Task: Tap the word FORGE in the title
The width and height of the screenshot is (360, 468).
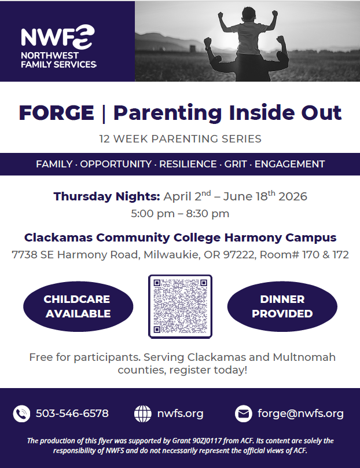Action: tap(56, 113)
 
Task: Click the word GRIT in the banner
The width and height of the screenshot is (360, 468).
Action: tap(236, 164)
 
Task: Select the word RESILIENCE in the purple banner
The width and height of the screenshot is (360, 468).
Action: tap(188, 164)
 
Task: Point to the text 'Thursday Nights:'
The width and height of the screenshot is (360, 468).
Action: tap(106, 196)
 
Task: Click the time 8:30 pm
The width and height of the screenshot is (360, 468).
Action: tap(208, 214)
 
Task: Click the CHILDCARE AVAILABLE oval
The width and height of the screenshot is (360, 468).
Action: tap(78, 306)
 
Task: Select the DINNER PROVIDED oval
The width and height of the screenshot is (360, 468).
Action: tap(282, 306)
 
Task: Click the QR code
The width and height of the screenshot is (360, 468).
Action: tap(180, 306)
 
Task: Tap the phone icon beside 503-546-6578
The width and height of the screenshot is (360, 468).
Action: tap(21, 414)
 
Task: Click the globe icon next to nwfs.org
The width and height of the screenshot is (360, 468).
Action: tap(143, 414)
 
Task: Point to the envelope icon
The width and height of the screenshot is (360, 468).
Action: tap(244, 414)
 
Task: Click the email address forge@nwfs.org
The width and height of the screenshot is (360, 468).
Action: tap(300, 414)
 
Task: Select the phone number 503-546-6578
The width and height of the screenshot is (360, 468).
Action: tap(72, 414)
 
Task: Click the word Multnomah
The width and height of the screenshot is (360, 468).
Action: tap(304, 357)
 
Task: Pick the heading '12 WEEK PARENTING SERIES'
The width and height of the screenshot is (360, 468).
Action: tap(180, 139)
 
